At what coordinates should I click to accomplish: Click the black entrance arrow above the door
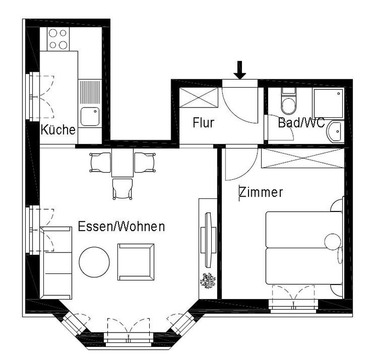click(240, 70)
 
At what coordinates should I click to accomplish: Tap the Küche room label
click(58, 129)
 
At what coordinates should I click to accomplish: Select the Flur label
click(203, 123)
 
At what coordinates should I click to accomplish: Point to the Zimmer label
click(261, 192)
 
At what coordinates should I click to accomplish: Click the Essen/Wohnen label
click(121, 227)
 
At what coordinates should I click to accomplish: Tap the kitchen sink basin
click(90, 115)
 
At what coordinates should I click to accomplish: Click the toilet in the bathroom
click(288, 103)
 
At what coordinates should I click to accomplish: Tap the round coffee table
click(95, 261)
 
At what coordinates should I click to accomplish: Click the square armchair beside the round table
click(136, 261)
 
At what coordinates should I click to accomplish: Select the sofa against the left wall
click(56, 263)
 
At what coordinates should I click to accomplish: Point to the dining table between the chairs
click(122, 163)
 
